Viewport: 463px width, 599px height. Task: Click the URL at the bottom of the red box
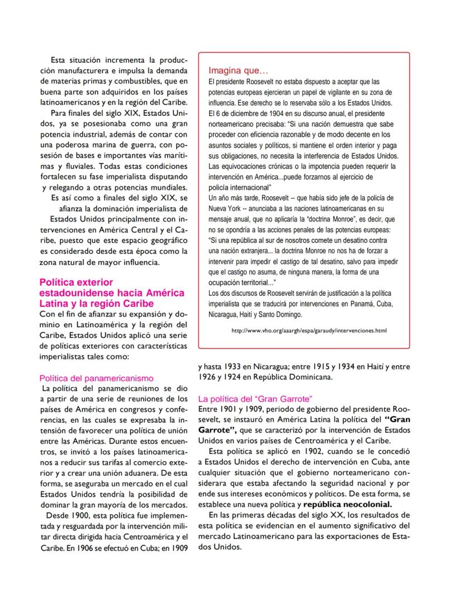pos(309,331)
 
